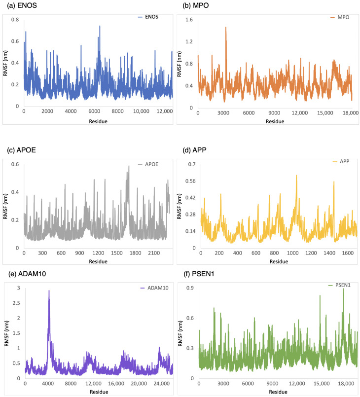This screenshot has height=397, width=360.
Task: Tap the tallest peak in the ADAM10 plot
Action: (x=49, y=291)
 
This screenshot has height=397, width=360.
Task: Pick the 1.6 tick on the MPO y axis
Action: (x=189, y=20)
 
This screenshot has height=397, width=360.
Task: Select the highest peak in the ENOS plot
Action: (x=100, y=26)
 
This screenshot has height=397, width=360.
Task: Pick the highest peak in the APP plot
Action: (x=296, y=176)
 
